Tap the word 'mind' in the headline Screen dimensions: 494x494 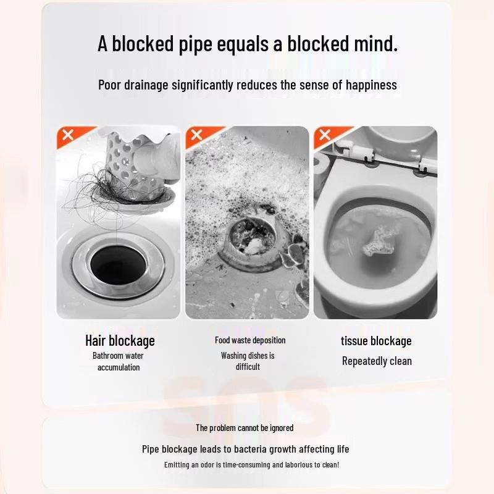(369, 44)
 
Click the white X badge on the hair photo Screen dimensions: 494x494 (68, 135)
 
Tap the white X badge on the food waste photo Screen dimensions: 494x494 (197, 135)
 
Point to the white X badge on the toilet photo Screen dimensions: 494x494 (325, 135)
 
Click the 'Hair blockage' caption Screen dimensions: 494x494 (120, 341)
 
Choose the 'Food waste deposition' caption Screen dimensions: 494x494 (250, 340)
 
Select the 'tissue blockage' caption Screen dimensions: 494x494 (376, 341)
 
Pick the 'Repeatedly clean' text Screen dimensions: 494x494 (377, 361)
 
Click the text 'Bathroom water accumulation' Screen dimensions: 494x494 (119, 361)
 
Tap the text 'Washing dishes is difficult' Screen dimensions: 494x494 (248, 361)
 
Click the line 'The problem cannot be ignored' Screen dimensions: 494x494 (245, 428)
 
